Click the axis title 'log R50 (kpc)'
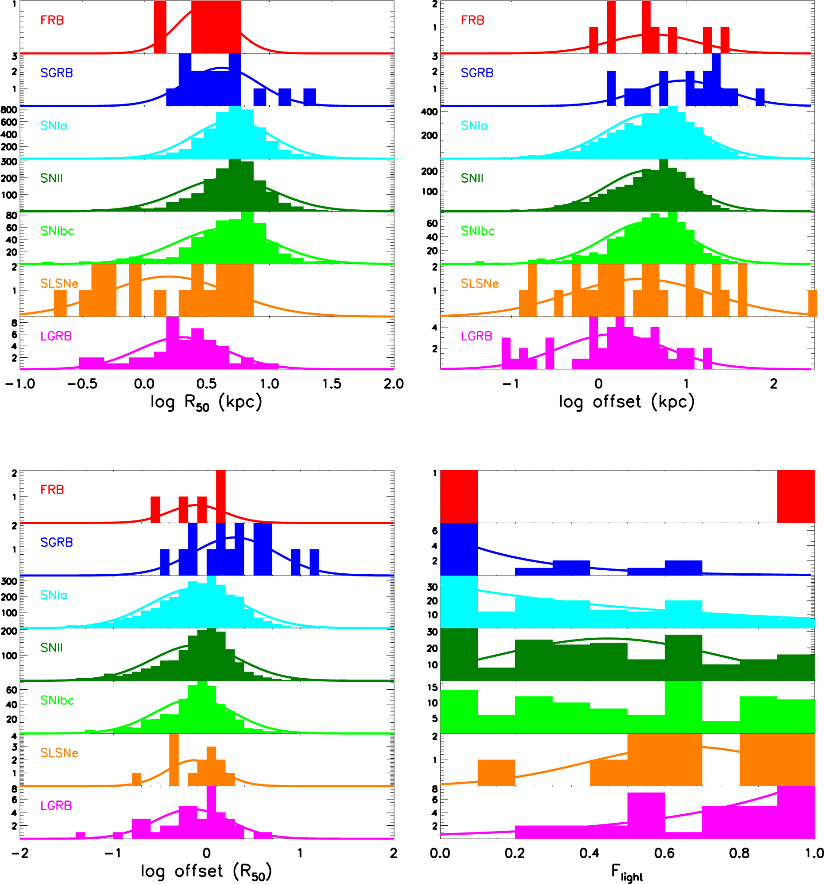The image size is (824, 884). (x=206, y=402)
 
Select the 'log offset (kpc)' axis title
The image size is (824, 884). (x=627, y=402)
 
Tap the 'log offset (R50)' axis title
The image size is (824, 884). (x=206, y=872)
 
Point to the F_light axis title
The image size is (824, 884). (x=627, y=872)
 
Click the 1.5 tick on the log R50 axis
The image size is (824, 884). (x=331, y=384)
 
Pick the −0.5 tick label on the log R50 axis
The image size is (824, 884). (x=82, y=384)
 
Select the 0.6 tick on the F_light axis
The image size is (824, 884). (x=665, y=853)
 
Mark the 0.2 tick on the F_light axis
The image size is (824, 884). (x=515, y=853)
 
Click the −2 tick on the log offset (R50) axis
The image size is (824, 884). (x=20, y=853)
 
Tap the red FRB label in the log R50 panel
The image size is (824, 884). (x=52, y=20)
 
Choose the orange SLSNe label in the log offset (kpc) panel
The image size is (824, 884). (x=480, y=284)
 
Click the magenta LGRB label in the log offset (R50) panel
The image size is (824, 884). (x=56, y=806)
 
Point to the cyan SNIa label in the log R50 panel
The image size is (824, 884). (x=54, y=126)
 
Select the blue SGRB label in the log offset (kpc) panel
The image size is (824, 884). (x=477, y=73)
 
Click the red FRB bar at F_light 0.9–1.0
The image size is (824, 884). (x=796, y=496)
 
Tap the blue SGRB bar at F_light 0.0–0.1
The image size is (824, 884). (x=459, y=549)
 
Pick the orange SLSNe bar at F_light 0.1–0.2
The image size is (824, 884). (x=496, y=773)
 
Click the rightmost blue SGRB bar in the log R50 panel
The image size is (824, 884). (x=310, y=97)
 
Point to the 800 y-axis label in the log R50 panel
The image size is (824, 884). (x=9, y=110)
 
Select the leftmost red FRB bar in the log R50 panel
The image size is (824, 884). (x=160, y=27)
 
